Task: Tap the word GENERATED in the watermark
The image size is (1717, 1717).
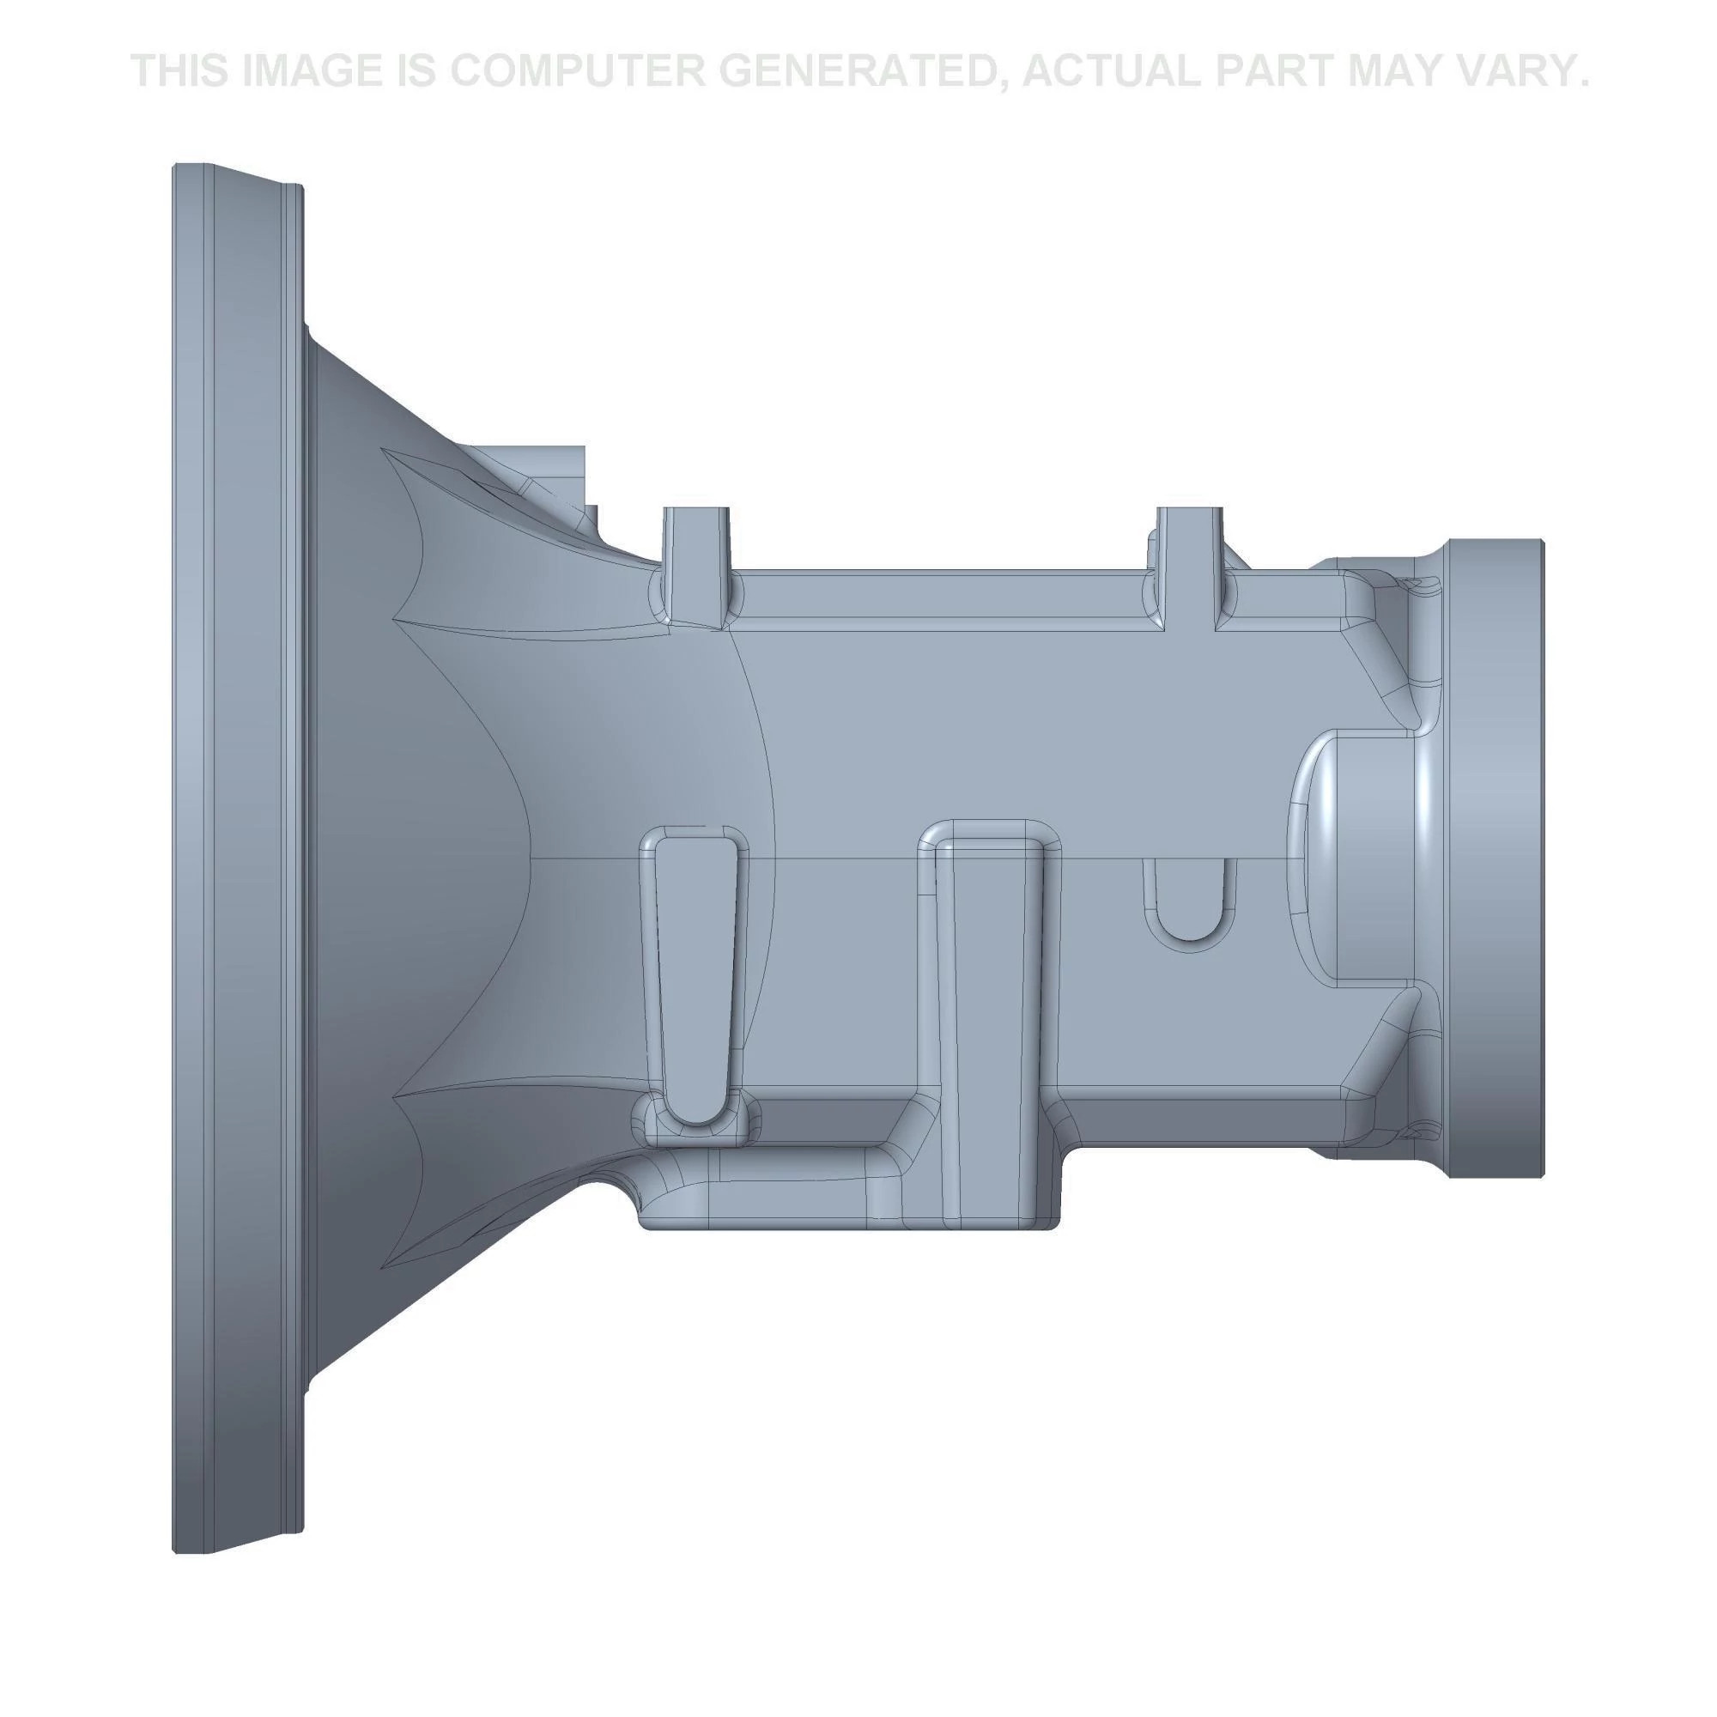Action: [x=855, y=71]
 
